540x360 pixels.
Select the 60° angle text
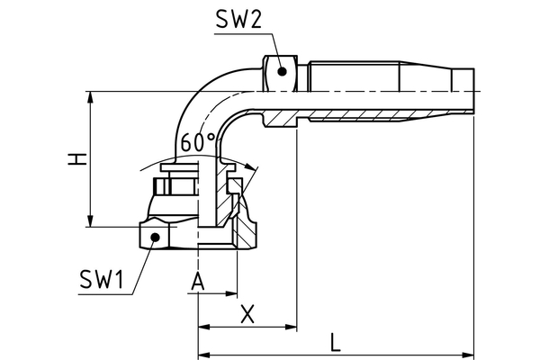[x=198, y=143]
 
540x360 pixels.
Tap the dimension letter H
[x=79, y=158]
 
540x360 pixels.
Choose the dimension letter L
[x=336, y=342]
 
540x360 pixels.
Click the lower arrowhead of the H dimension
[x=90, y=222]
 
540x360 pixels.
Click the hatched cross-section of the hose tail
[x=360, y=118]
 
